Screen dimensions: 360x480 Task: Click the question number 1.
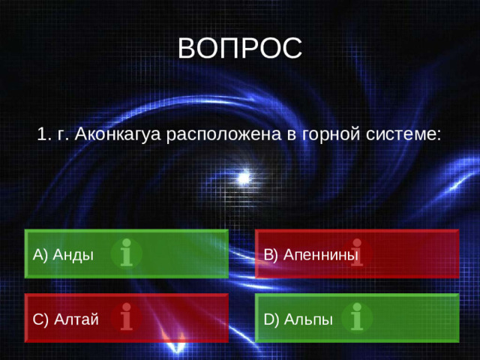[x=42, y=134]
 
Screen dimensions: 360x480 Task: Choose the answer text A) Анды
[x=64, y=254]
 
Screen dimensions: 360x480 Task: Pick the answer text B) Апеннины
[x=311, y=254]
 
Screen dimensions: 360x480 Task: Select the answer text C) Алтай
[x=66, y=319]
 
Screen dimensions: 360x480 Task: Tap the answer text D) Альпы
[x=298, y=319]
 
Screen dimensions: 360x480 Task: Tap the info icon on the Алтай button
[x=127, y=317]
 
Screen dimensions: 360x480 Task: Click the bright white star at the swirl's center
[x=243, y=178]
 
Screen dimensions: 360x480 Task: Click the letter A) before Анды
[x=40, y=254]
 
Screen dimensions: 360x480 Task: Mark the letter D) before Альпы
[x=271, y=319]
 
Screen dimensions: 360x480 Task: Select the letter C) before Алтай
[x=40, y=319]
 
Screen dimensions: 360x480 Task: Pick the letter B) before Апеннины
[x=271, y=254]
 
